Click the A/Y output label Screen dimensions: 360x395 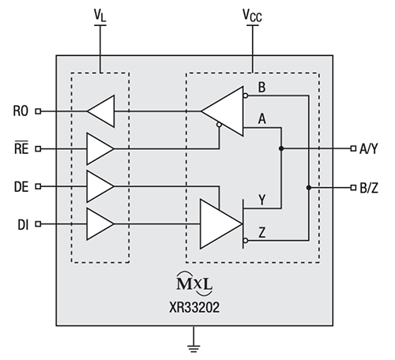371,148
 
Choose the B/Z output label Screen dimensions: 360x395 371,187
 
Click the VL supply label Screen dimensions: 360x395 100,13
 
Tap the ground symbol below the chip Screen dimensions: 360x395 192,344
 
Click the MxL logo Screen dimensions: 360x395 193,282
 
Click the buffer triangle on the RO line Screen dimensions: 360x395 102,111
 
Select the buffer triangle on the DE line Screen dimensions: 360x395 99,186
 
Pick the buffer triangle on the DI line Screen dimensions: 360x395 99,224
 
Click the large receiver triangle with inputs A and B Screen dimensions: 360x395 226,109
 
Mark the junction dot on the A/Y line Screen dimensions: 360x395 281,148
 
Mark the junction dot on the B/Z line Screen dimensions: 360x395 307,187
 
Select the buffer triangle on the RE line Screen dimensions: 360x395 99,148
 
